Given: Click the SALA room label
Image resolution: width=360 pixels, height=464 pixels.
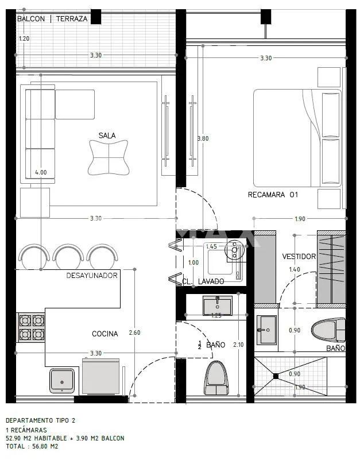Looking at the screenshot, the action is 107,136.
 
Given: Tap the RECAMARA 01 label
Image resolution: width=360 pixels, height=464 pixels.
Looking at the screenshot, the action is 273,195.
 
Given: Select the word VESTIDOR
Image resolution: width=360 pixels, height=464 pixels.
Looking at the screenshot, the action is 299,257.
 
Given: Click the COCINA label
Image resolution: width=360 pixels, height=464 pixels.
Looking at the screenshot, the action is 104,334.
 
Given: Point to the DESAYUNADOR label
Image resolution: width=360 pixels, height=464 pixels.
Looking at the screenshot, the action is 92,276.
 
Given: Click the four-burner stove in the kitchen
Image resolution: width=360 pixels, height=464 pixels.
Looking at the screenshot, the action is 32,327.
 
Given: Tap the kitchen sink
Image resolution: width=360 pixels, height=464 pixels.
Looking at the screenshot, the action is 62,381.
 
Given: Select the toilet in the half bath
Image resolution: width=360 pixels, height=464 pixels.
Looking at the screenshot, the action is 217,378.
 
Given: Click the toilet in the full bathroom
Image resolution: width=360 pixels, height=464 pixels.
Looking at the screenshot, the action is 328,330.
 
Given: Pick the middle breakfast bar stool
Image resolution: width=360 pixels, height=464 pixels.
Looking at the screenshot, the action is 68,254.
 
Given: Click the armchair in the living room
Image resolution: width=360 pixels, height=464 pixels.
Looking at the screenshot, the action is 109,157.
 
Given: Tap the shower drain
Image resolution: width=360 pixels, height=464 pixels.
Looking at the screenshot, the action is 276,376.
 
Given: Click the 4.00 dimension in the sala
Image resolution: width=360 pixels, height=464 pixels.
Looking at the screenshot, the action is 41,172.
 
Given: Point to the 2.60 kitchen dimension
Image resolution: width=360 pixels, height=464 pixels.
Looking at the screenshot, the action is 134,332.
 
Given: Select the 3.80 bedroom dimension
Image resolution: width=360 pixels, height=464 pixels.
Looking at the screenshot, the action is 203,138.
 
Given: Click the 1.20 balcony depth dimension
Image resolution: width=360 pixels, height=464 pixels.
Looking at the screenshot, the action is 24,38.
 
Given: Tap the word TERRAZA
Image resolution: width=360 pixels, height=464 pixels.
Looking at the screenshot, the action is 72,19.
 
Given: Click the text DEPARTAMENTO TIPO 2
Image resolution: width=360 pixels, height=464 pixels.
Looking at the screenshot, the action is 41,420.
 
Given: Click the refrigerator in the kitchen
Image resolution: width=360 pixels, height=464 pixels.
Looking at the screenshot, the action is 100,376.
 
